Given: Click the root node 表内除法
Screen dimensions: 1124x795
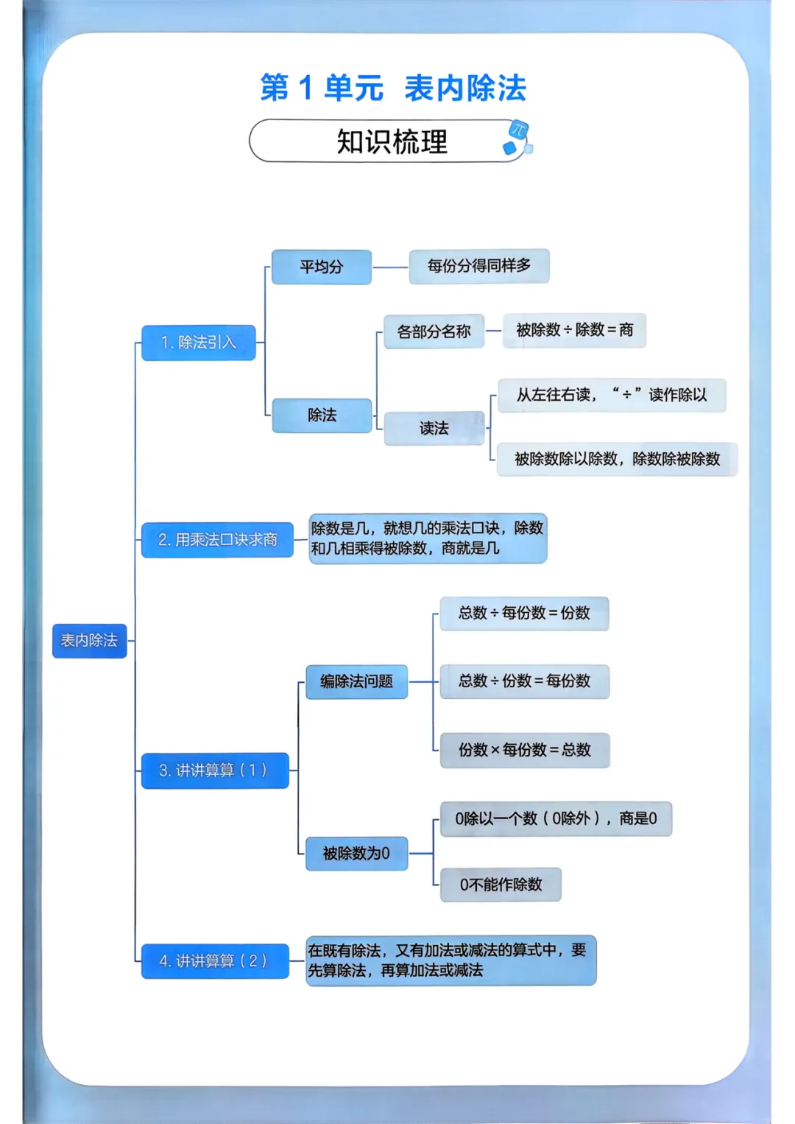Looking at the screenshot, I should (x=89, y=640).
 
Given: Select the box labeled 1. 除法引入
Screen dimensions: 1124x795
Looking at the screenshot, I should (x=199, y=343).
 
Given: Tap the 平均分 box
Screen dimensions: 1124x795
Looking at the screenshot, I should (x=321, y=267).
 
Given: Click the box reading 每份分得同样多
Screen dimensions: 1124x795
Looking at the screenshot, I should (x=478, y=266).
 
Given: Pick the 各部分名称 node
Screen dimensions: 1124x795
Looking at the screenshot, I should (x=434, y=331).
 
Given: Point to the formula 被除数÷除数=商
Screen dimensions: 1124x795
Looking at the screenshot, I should (x=574, y=330).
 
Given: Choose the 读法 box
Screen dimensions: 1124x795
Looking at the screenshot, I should (x=434, y=428).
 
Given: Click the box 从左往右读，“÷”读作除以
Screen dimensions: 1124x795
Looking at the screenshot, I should (x=611, y=395).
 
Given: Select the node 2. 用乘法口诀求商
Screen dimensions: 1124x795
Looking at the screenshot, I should (x=217, y=540).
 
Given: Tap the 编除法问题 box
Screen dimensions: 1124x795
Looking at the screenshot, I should (x=356, y=681).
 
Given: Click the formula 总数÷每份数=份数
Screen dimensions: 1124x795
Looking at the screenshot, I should (x=524, y=613).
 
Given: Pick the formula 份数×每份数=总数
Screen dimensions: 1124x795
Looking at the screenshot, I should (x=524, y=750).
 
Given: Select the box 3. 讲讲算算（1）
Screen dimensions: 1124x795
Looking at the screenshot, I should (x=214, y=770).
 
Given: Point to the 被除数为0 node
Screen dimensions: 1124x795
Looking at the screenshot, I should (x=356, y=853).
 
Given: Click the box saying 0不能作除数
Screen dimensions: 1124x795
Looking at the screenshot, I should (x=501, y=885).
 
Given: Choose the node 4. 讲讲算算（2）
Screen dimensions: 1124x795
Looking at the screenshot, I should (x=214, y=960).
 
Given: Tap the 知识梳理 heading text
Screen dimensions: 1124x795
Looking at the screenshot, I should (x=392, y=141).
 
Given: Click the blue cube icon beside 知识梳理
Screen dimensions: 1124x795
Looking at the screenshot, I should (x=517, y=138).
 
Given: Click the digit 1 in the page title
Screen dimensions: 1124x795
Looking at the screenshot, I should (x=306, y=88).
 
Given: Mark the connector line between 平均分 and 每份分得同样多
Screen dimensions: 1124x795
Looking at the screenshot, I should (x=390, y=267).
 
